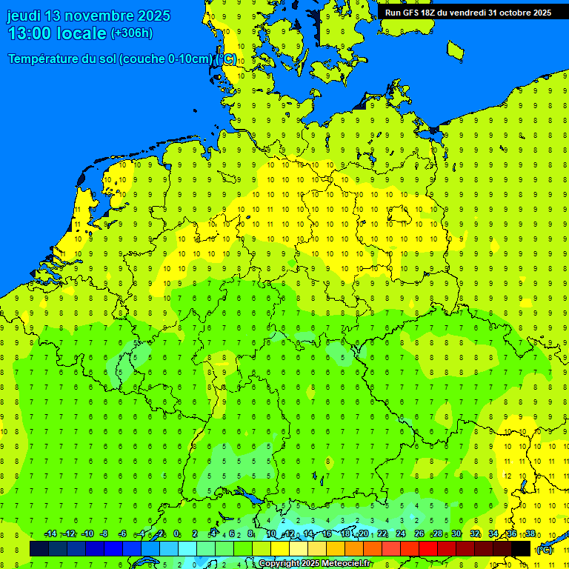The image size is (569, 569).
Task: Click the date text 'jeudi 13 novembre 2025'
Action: pyautogui.click(x=88, y=16)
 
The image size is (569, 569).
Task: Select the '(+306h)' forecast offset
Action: pyautogui.click(x=131, y=33)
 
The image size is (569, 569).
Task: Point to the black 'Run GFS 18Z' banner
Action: pyautogui.click(x=467, y=13)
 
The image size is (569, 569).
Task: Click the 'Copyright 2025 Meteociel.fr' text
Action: pyautogui.click(x=314, y=564)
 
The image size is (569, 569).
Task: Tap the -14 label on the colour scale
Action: pyautogui.click(x=50, y=534)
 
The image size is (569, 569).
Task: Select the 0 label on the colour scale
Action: pyautogui.click(x=176, y=534)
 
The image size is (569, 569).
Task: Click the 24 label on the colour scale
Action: pyautogui.click(x=401, y=534)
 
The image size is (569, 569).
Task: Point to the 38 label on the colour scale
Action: pyautogui.click(x=530, y=534)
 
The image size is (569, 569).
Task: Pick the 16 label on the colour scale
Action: pyautogui.click(x=326, y=534)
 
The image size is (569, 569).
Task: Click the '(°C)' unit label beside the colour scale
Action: pyautogui.click(x=545, y=550)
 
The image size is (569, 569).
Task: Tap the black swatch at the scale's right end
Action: pyautogui.click(x=521, y=549)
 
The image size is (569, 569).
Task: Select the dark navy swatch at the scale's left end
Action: pyautogui.click(x=39, y=549)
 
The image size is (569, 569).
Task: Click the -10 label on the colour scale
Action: pyautogui.click(x=87, y=534)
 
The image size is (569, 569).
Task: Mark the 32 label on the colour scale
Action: pyautogui.click(x=475, y=534)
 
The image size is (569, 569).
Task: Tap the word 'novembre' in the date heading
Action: pyautogui.click(x=104, y=16)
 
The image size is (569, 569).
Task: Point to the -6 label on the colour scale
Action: pyautogui.click(x=123, y=534)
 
